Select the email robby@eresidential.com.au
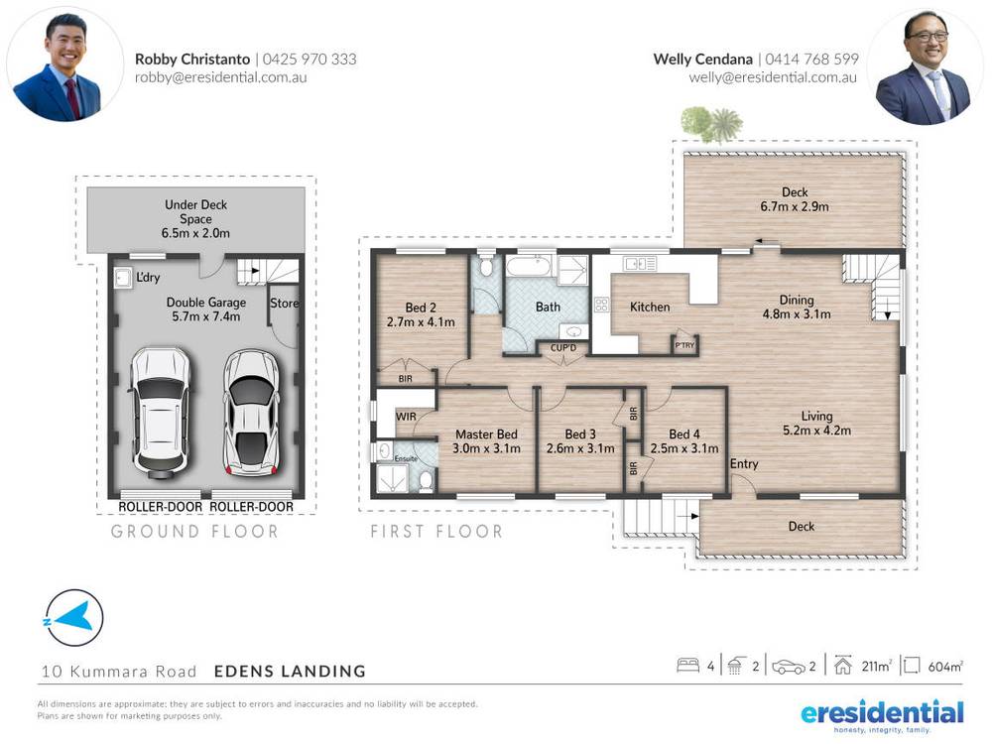coord(221,76)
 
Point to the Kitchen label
coord(650,308)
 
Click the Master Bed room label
coord(486,434)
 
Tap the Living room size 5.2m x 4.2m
coord(817,431)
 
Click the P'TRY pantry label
coord(684,345)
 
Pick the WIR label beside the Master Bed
coord(405,417)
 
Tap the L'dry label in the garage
coord(149,277)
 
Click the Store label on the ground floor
coord(285,304)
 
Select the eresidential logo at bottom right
coord(882,714)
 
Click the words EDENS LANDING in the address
coord(290,672)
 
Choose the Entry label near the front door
coord(744,464)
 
